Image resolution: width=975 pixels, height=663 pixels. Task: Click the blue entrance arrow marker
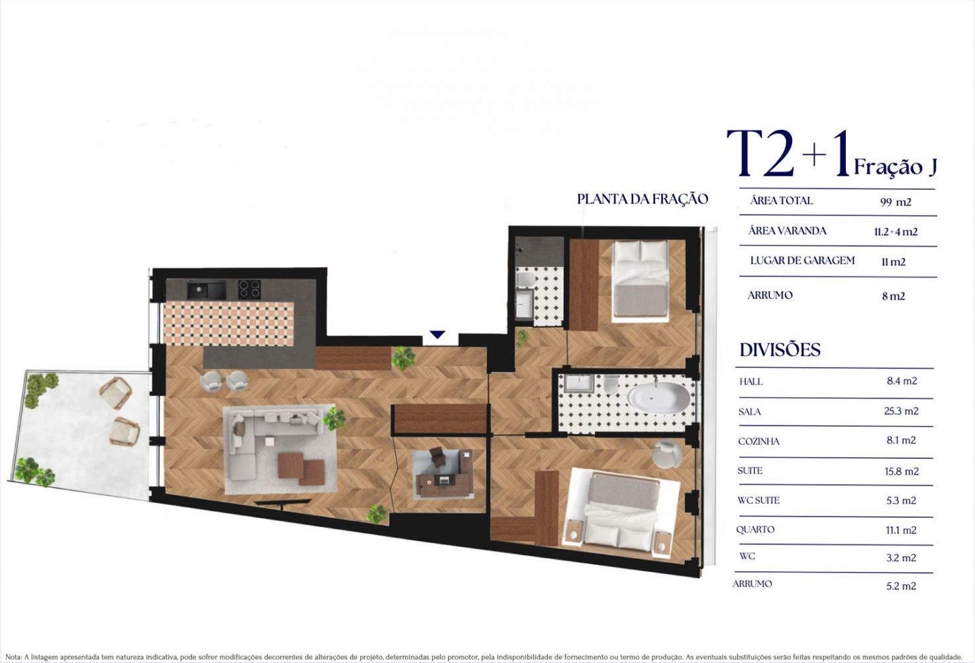point(437,335)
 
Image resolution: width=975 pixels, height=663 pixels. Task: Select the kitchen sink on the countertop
point(206,290)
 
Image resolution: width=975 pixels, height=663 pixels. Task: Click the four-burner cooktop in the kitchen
point(250,289)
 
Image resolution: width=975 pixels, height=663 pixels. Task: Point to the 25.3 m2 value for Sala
point(901,411)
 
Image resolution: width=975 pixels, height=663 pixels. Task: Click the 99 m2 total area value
point(896,202)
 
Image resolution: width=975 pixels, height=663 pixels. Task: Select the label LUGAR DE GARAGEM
point(802,261)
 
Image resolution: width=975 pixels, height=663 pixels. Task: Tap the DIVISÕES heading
point(780,350)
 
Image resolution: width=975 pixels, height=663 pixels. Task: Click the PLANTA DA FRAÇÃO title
point(642,199)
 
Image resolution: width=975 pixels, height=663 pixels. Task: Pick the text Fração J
point(896,167)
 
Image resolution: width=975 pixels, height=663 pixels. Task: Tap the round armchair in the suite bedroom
point(667,454)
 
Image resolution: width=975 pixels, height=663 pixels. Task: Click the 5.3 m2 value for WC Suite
point(901,501)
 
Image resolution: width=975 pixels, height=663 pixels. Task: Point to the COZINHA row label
point(758,442)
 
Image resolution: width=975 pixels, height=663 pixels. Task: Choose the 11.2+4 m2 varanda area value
point(896,232)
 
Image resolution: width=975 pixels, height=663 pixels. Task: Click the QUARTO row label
point(755,530)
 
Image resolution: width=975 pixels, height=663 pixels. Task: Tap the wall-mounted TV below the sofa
point(282,503)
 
